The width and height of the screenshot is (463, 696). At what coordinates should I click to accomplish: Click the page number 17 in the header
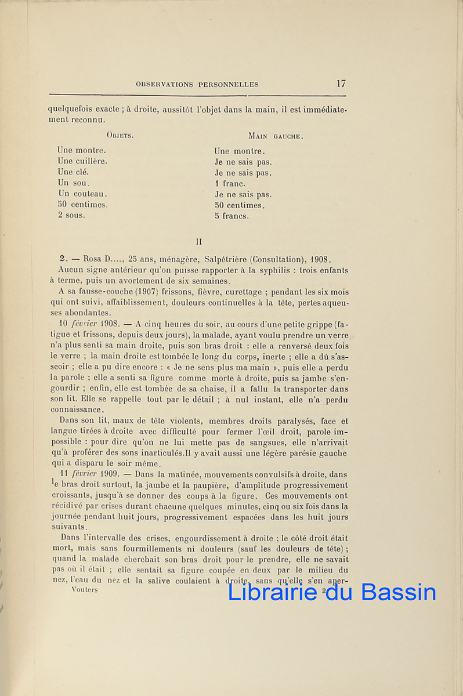click(341, 84)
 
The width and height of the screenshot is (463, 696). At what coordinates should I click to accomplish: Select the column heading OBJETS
click(121, 136)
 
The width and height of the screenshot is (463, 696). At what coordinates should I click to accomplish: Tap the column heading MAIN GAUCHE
click(276, 136)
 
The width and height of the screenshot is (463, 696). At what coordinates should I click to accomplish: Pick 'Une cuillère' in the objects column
click(82, 161)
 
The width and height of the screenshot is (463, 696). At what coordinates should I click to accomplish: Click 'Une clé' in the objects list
click(73, 172)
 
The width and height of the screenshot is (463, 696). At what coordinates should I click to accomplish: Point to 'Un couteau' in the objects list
click(82, 193)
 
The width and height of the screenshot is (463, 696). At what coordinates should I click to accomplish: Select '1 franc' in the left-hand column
click(230, 184)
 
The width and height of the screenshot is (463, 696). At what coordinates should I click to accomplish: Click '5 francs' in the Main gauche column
click(231, 216)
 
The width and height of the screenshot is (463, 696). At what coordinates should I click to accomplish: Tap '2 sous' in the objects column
click(71, 215)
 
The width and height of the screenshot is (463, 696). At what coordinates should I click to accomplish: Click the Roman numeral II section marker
click(198, 241)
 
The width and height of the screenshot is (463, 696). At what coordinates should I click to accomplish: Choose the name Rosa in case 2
click(93, 259)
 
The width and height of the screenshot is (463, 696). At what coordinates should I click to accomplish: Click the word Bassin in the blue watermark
click(398, 592)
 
